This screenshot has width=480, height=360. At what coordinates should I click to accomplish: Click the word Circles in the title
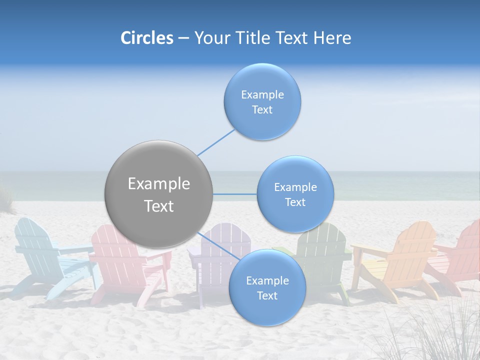(146, 38)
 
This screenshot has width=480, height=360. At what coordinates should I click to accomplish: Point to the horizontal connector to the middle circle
(235, 194)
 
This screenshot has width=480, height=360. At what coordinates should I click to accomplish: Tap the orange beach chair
(400, 260)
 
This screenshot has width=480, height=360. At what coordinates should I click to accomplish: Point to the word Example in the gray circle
(158, 184)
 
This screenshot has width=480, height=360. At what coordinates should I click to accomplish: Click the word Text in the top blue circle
(262, 110)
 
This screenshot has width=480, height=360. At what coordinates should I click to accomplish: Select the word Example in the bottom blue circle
(267, 280)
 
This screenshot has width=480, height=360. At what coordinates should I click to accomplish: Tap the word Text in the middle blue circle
(295, 202)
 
